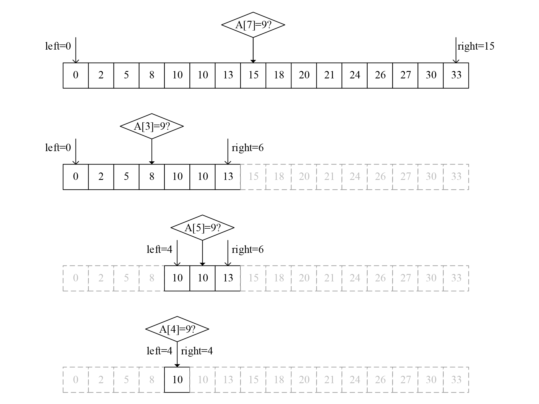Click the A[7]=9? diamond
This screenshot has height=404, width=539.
[x=253, y=25]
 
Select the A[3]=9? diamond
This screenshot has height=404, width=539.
[x=152, y=126]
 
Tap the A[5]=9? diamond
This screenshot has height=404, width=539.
[x=202, y=228]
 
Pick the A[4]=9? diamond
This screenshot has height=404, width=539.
[x=177, y=329]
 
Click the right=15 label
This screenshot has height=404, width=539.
[x=476, y=46]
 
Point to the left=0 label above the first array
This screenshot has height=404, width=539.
[x=58, y=46]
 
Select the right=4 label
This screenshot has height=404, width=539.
[x=197, y=351]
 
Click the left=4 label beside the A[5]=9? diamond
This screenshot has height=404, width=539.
[x=159, y=249]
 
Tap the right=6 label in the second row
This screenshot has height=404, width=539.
[x=248, y=148]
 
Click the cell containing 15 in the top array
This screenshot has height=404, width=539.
[x=253, y=75]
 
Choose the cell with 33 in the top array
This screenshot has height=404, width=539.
[x=456, y=75]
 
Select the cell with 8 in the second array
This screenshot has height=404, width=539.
[x=152, y=177]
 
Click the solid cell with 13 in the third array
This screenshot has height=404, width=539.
[x=228, y=278]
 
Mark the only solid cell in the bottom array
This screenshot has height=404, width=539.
[x=177, y=380]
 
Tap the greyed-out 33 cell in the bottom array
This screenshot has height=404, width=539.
[x=456, y=380]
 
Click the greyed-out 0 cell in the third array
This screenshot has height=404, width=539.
[x=76, y=278]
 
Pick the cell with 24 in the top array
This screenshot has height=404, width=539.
[x=355, y=75]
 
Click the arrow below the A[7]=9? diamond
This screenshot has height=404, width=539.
[x=253, y=50]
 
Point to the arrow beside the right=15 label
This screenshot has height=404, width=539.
[x=456, y=50]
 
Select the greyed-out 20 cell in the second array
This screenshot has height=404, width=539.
[x=304, y=177]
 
